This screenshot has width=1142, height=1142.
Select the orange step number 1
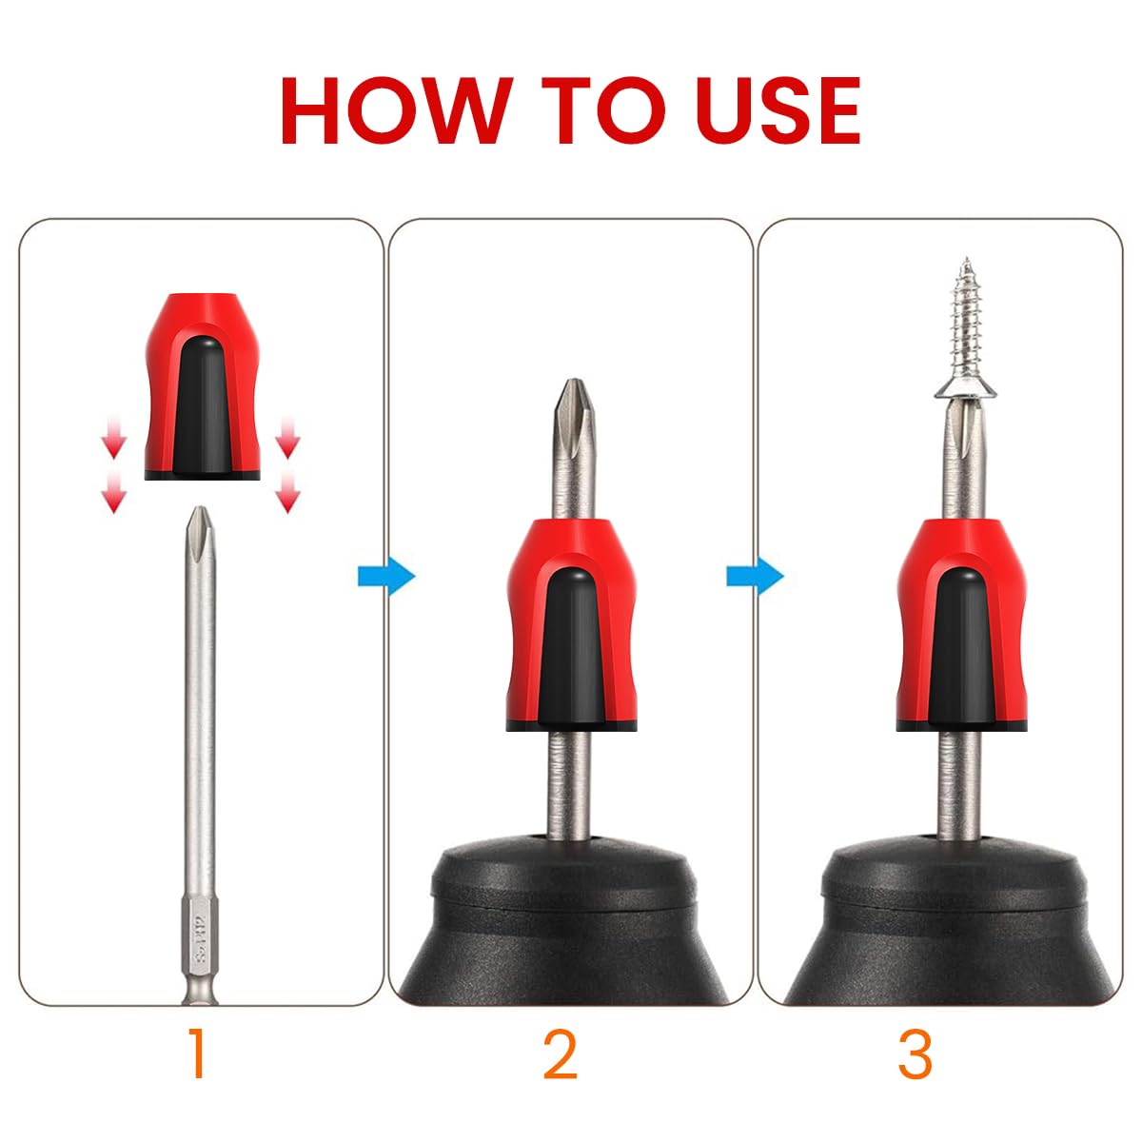[x=197, y=1053]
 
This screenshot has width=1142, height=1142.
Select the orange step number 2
[x=561, y=1053]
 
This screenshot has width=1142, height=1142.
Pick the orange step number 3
[x=915, y=1053]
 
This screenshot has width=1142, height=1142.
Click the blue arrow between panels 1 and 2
[x=386, y=577]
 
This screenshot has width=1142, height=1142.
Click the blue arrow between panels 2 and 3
[x=755, y=577]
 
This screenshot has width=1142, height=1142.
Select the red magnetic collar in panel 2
[x=569, y=623]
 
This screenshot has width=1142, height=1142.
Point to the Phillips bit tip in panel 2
[x=570, y=400]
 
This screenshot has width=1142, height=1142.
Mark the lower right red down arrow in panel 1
[x=287, y=494]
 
